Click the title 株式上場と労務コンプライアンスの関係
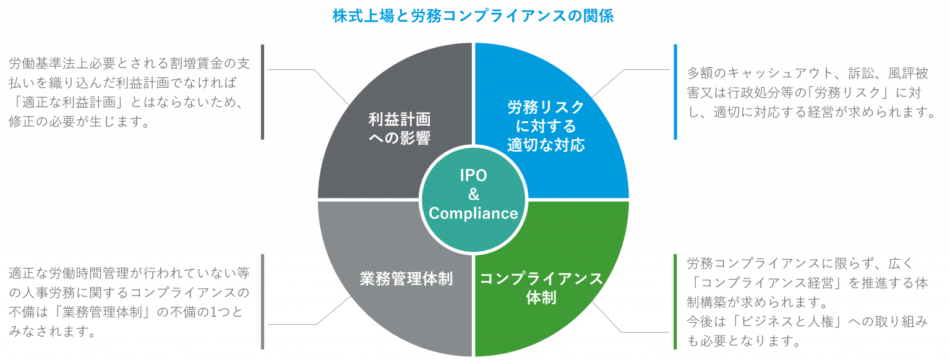coord(473,16)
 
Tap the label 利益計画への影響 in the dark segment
coord(400,129)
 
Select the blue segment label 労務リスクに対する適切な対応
coord(546,126)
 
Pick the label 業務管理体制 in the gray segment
coord(406,278)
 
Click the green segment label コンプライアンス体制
coord(541,288)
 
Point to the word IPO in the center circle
coord(473,175)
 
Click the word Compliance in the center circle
coord(473,213)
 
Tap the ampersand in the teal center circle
coord(474,194)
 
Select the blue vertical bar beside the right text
coord(675,92)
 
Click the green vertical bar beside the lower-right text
coord(675,301)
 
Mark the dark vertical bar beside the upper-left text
coord(262,92)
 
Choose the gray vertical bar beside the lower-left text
coord(262,301)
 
